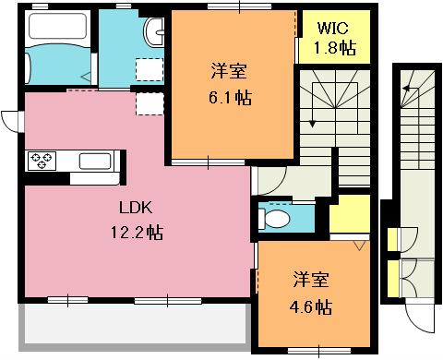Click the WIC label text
pos(333,28)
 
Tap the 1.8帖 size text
pos(335,48)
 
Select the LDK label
pos(136,208)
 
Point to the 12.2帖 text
pos(137,233)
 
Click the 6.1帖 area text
pos(231,98)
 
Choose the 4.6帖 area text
pos(311,306)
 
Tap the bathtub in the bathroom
pos(57,26)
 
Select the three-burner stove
pos(42,161)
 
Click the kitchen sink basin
pos(95,161)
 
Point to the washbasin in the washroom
pos(154,31)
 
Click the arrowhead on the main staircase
pos(313,124)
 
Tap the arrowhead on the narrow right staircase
pos(406,89)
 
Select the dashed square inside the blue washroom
pos(150,70)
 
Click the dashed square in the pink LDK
pos(150,103)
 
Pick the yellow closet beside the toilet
pos(350,213)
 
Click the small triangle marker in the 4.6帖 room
pos(359,246)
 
